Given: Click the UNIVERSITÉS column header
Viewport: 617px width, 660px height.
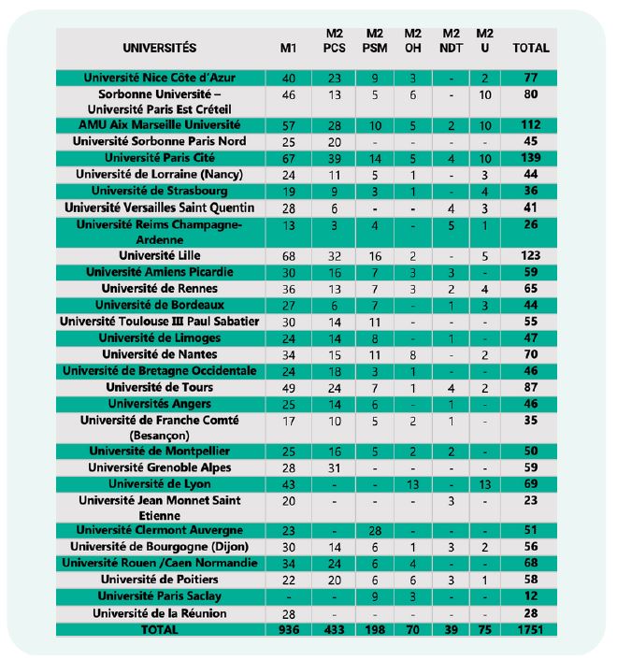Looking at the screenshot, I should click(159, 48).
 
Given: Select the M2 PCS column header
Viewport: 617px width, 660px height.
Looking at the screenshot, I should click(334, 41).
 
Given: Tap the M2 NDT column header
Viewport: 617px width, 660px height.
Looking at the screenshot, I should click(451, 41).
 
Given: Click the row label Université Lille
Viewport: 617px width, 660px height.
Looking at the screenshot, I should click(159, 255).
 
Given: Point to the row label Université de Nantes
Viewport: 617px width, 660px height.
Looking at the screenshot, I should click(159, 354).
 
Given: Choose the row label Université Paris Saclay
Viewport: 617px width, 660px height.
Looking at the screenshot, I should click(159, 595).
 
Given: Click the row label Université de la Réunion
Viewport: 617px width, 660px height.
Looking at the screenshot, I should click(159, 613).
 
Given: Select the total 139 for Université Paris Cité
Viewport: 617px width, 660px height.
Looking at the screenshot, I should click(531, 158).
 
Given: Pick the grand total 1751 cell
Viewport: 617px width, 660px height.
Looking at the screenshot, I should click(531, 630).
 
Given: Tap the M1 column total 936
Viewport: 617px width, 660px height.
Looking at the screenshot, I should click(288, 630).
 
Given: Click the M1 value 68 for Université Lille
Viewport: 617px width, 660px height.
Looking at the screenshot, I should click(288, 255).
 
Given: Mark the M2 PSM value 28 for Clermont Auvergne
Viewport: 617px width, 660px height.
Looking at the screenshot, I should click(375, 530).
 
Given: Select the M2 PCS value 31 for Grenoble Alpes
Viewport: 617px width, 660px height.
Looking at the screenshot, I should click(334, 467).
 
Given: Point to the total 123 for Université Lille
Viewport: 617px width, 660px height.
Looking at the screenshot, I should click(531, 255).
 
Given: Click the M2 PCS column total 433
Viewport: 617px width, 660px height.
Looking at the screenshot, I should click(334, 630).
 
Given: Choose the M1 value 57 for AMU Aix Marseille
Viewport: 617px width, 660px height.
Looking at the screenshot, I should click(288, 124).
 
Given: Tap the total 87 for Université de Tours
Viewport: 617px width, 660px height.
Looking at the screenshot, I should click(531, 387).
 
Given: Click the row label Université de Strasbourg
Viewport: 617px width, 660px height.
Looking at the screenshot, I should click(159, 191).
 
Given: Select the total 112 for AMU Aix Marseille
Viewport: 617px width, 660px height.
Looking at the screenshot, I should click(531, 124).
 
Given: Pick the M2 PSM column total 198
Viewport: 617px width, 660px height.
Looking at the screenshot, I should click(375, 630).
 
